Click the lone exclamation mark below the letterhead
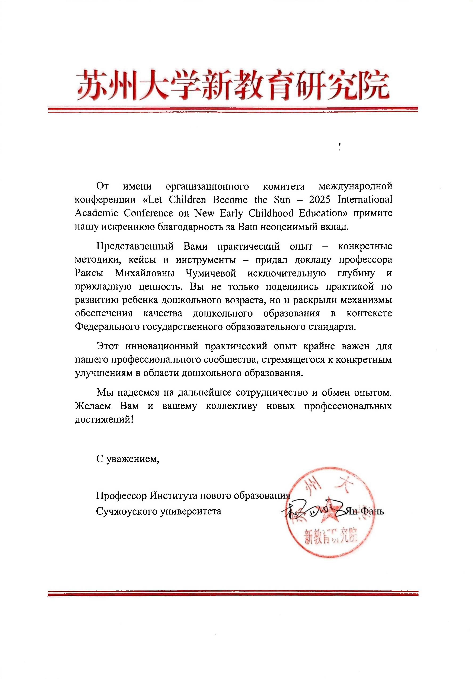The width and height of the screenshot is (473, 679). point(340,147)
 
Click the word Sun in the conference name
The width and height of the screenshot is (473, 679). point(282,200)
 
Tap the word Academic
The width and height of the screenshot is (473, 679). point(96,213)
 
